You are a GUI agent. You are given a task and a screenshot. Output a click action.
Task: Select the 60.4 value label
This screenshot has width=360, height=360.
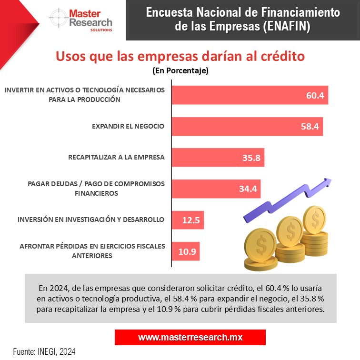tap(315, 95)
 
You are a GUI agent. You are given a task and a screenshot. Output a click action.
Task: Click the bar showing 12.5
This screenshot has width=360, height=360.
tap(188, 220)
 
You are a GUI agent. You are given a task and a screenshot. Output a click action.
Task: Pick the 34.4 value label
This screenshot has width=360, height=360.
tap(248, 189)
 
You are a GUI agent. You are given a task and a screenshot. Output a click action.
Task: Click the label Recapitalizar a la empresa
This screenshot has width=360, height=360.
tap(116, 157)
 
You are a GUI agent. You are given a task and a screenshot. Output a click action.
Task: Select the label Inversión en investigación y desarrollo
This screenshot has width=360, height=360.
tap(90, 220)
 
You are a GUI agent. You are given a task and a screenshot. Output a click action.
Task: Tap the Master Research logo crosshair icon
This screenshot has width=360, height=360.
tap(58, 19)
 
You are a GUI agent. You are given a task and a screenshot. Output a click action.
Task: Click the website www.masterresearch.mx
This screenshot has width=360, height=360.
tap(190, 337)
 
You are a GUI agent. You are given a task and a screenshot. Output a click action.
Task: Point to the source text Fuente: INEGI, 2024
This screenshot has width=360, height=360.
tap(44, 352)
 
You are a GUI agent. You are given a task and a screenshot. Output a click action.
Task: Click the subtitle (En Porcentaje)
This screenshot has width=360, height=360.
tap(180, 71)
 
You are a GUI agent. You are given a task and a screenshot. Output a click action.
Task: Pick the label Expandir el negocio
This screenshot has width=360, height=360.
tap(128, 126)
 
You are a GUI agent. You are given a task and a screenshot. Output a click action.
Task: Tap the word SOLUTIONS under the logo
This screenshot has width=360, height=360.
tap(101, 30)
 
